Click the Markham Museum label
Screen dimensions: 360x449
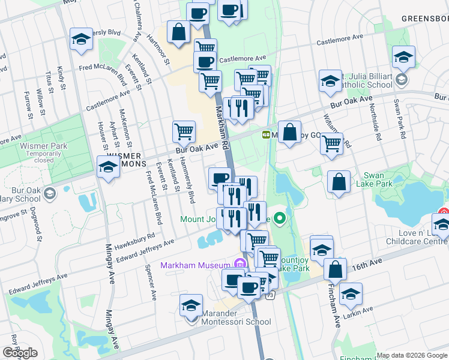point(195,265)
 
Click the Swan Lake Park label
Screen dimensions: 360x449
point(378,180)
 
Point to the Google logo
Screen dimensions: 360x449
point(20,353)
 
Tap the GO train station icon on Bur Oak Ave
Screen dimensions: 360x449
point(265,134)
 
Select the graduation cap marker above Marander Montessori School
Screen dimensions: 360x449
point(191,305)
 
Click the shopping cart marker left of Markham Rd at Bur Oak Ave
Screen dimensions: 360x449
point(184,131)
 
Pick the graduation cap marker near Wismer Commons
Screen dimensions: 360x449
point(108,166)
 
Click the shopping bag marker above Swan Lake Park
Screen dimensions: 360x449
point(339,182)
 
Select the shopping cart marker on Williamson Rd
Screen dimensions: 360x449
point(331,143)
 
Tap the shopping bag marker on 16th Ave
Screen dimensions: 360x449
point(335,269)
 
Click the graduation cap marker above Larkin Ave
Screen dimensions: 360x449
point(351,294)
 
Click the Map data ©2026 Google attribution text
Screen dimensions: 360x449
point(412,355)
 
